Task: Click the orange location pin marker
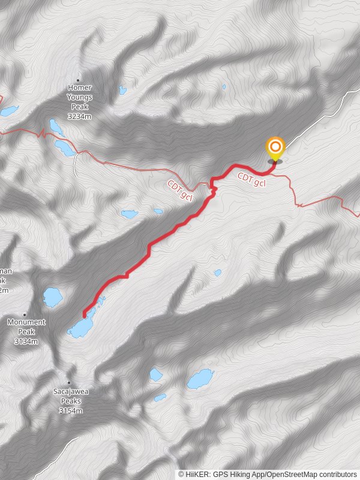(x=275, y=148)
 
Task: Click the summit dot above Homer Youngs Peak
(x=79, y=79)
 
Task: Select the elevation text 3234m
(x=79, y=116)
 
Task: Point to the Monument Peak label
(x=26, y=326)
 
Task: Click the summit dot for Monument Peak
(x=25, y=314)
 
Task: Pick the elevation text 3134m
(x=26, y=341)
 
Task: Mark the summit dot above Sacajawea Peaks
(x=69, y=382)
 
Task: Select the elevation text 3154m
(x=71, y=411)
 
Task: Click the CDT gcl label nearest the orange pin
(x=251, y=178)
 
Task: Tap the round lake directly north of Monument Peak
(x=52, y=296)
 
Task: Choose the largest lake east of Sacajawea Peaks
(x=200, y=379)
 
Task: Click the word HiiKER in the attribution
(x=197, y=474)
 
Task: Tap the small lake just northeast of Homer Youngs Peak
(x=122, y=91)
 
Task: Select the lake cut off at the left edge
(x=8, y=111)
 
